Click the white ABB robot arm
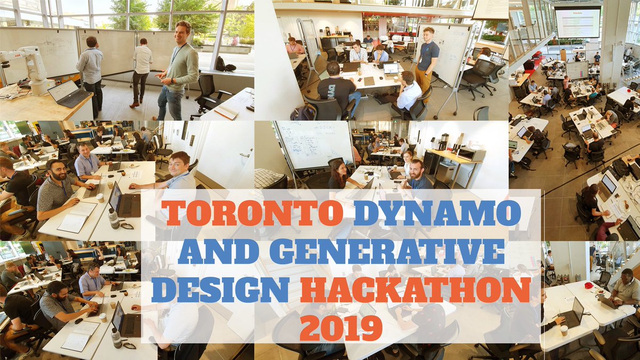[29, 67]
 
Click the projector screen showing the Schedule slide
[578, 23]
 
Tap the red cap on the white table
[589, 285]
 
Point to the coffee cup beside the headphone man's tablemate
[100, 198]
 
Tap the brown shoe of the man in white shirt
[132, 105]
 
